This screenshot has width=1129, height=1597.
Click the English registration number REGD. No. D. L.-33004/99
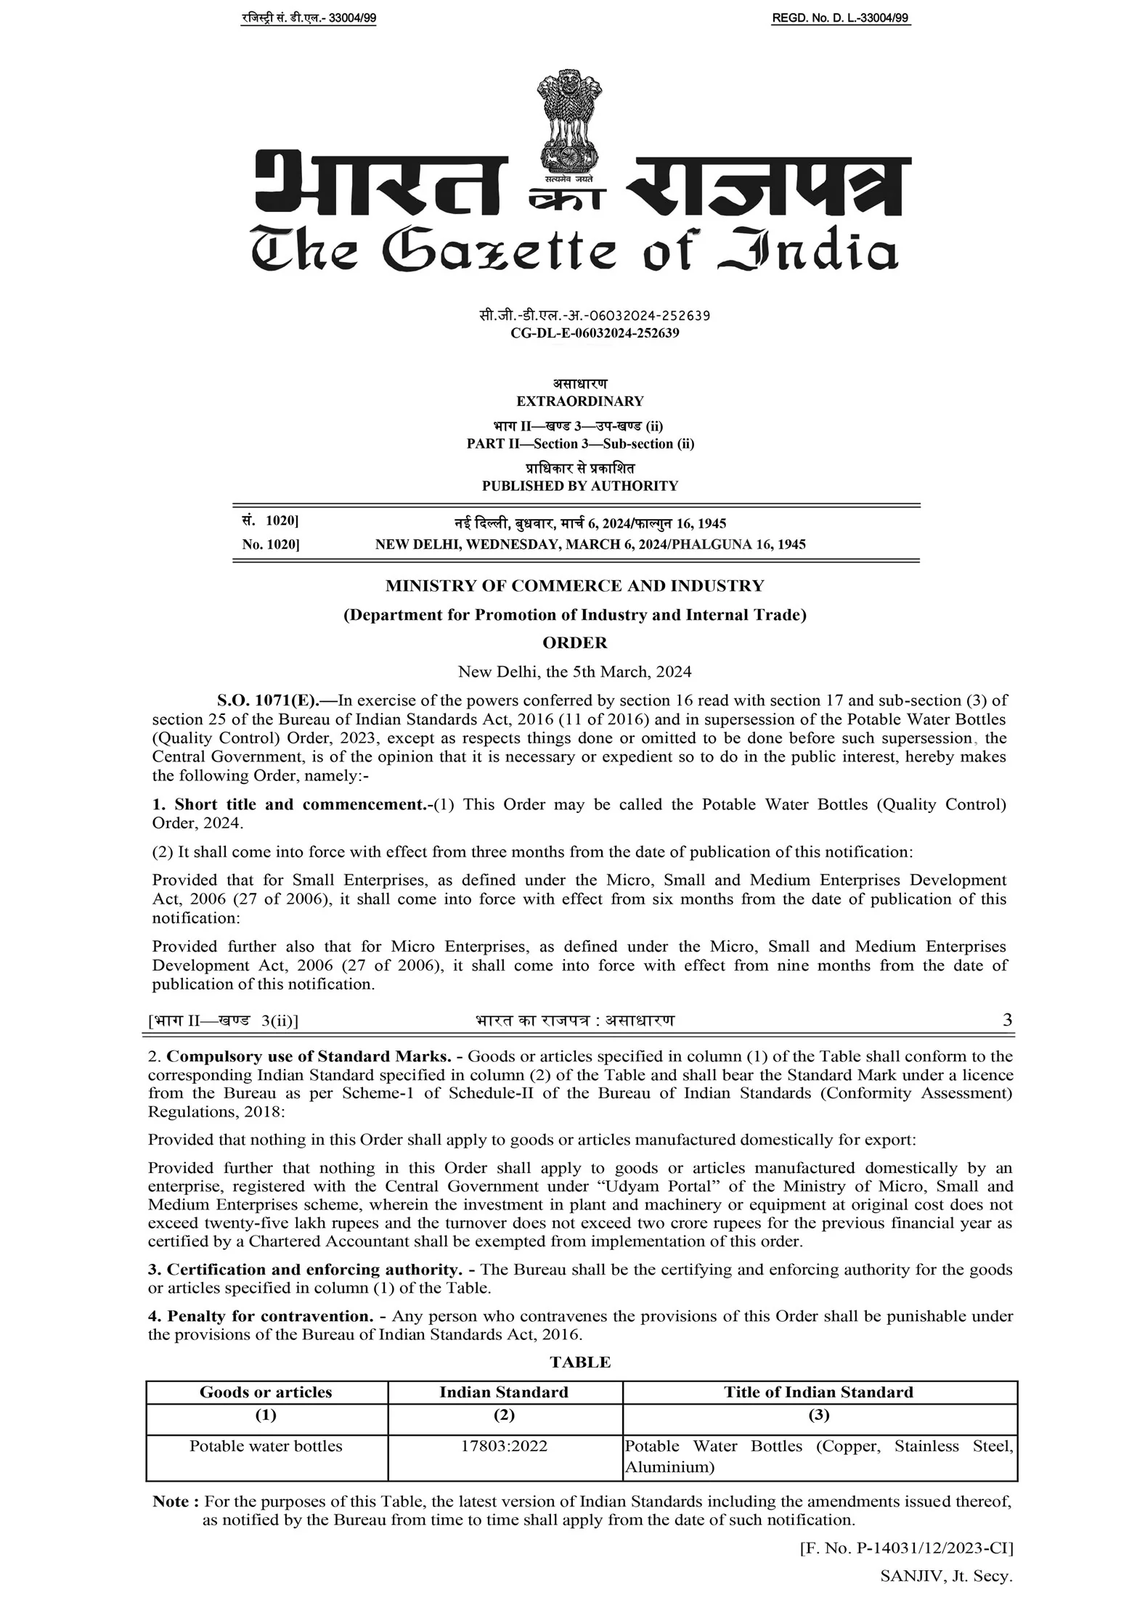[840, 19]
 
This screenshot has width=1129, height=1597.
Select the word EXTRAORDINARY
[579, 401]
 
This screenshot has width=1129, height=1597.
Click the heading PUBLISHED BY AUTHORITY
[579, 486]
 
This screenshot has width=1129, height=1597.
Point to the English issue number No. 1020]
[271, 544]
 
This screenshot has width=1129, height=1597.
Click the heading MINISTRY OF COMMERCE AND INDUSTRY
[574, 586]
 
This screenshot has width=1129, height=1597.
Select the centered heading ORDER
[575, 642]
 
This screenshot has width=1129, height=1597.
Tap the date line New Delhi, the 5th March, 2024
[574, 671]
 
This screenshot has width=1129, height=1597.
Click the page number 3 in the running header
[1007, 1020]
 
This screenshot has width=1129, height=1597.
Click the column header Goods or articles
[266, 1392]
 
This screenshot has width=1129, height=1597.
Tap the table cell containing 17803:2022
[505, 1446]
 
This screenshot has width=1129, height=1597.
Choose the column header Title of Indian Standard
[818, 1392]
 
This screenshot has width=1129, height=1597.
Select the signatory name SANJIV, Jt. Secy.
[946, 1576]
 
